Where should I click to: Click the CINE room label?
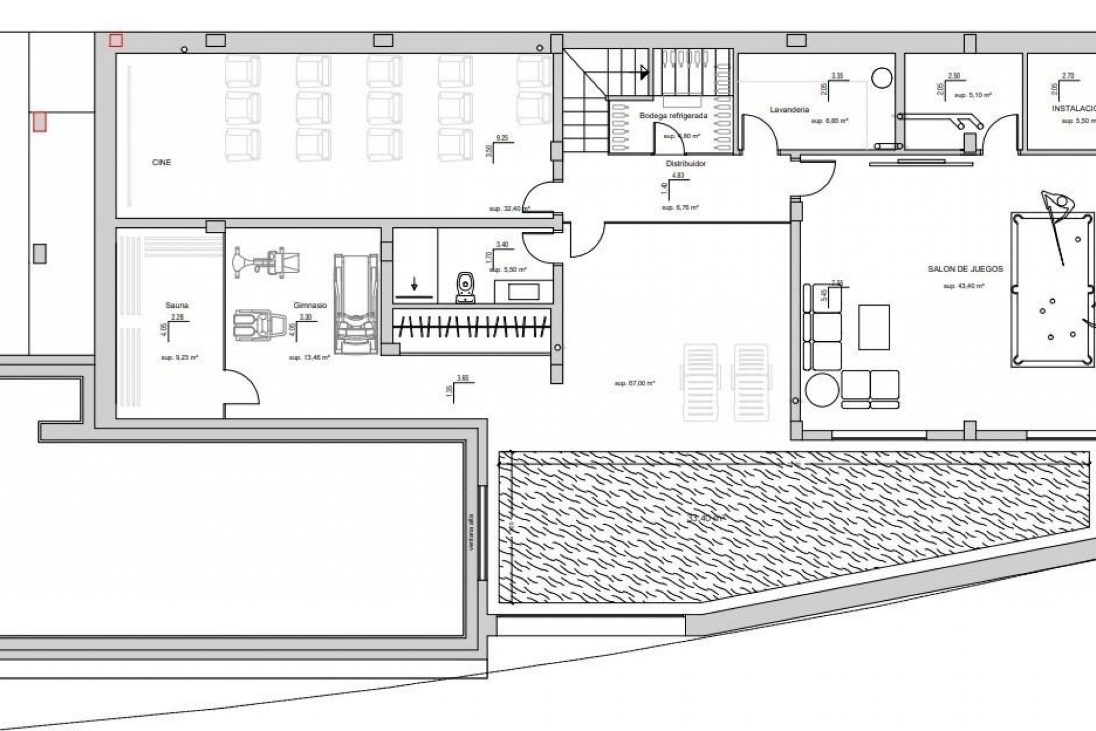[162, 163]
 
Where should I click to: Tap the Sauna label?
[177, 306]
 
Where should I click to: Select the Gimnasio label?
[310, 306]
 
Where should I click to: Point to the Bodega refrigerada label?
[673, 116]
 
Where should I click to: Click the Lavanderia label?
[789, 110]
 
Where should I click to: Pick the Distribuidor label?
[686, 164]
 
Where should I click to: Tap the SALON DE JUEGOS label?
[965, 268]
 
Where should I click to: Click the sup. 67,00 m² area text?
[634, 383]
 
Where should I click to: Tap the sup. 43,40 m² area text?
[964, 286]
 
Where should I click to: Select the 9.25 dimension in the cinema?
[502, 138]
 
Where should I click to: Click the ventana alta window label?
[472, 531]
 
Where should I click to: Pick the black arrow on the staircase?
[644, 73]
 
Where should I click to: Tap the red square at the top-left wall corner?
[116, 40]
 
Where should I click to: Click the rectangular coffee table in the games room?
[874, 327]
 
